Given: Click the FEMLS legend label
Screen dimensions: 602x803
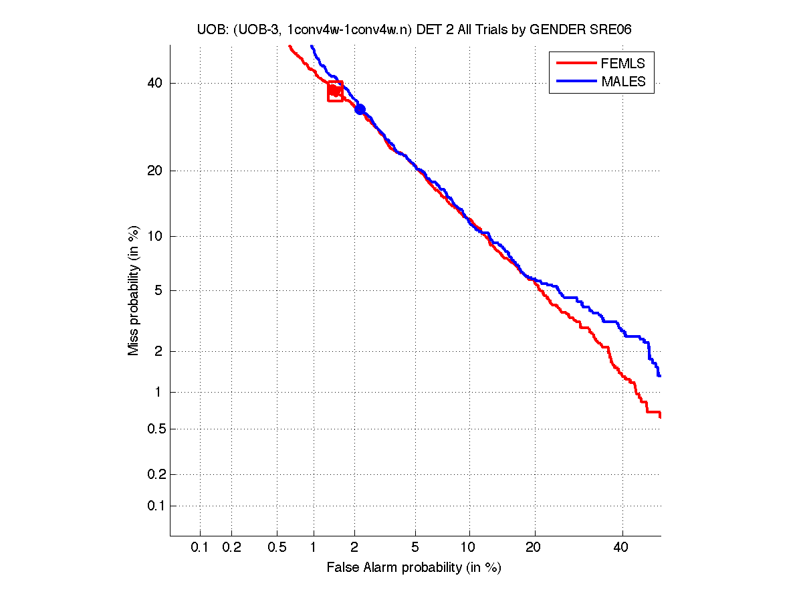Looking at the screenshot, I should [x=623, y=64].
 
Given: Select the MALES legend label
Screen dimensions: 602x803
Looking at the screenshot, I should [x=624, y=82].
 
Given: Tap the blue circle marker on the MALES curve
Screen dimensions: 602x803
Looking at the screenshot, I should [x=360, y=109].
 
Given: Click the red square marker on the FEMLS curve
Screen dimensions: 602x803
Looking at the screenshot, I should [x=335, y=91].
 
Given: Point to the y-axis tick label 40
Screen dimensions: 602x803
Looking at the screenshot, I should [x=155, y=84].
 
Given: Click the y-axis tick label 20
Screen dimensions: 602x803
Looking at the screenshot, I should [x=155, y=171].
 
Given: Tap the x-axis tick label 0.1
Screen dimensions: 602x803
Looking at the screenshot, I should [x=200, y=548].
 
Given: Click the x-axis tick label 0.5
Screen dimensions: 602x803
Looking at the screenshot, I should [x=277, y=548].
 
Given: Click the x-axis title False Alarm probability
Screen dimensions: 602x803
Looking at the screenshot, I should [x=414, y=568].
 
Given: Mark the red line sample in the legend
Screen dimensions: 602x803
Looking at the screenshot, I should [x=576, y=64].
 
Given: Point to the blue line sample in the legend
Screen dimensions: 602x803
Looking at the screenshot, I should [x=576, y=82].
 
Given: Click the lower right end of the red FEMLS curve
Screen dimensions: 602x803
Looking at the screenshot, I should [x=660, y=417].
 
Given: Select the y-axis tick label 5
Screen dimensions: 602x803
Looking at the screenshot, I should [x=158, y=290].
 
